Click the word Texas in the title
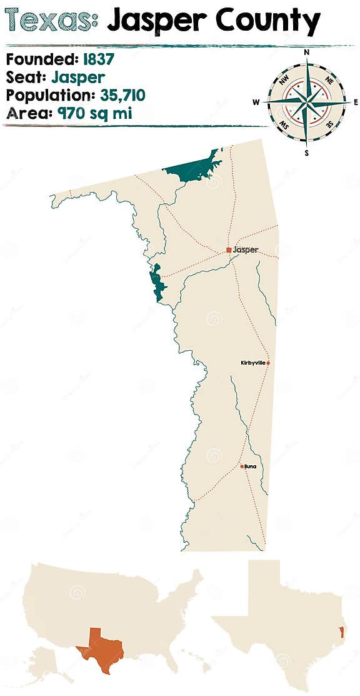[50, 21]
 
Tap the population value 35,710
[122, 95]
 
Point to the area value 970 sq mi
[95, 113]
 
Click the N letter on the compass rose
[306, 53]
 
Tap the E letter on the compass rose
[356, 102]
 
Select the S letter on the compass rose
[306, 152]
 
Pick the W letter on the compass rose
[256, 102]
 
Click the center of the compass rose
[306, 102]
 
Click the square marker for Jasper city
[229, 250]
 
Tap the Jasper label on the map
[246, 250]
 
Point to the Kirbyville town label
[252, 363]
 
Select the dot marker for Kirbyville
[268, 363]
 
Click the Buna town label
[251, 466]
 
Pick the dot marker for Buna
[242, 466]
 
